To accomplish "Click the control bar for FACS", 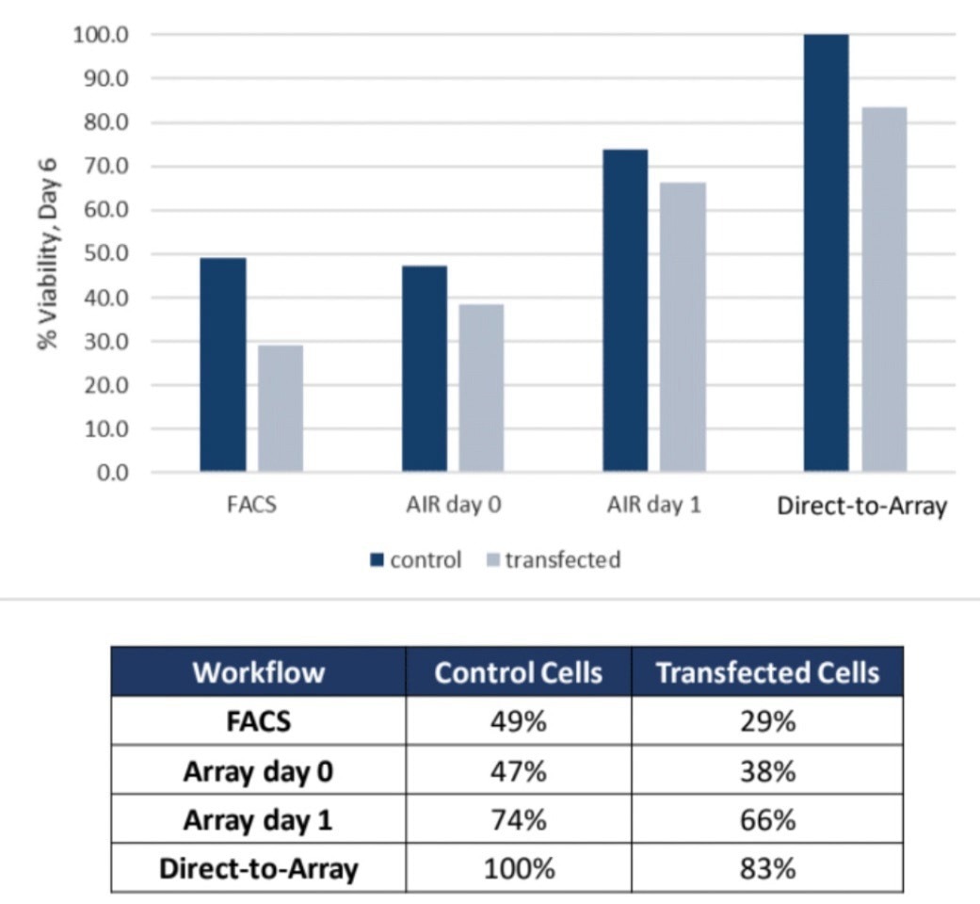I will [x=222, y=364].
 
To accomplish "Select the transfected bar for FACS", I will [x=281, y=408].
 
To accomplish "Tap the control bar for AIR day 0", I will [x=425, y=368].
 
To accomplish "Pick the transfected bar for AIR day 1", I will [x=683, y=327].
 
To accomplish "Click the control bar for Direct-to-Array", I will [x=826, y=253].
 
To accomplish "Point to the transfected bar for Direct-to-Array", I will [x=884, y=289].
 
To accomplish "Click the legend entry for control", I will [x=415, y=560].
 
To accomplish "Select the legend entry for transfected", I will [x=552, y=560].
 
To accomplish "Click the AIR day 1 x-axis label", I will [x=654, y=505].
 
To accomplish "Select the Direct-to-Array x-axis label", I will [x=861, y=506].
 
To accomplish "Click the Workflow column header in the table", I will [x=258, y=672].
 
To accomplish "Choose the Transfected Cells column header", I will [x=767, y=672].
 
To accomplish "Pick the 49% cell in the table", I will [x=518, y=721].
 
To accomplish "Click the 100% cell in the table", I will [x=518, y=868].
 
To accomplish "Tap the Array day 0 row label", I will [x=258, y=770].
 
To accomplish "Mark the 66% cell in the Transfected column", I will [x=767, y=819].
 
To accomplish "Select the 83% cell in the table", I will [x=767, y=868].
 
